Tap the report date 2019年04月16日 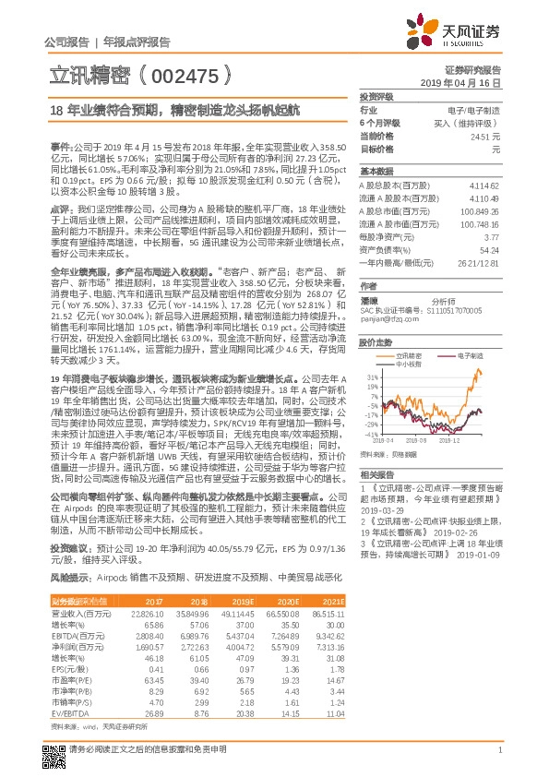click(x=472, y=82)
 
